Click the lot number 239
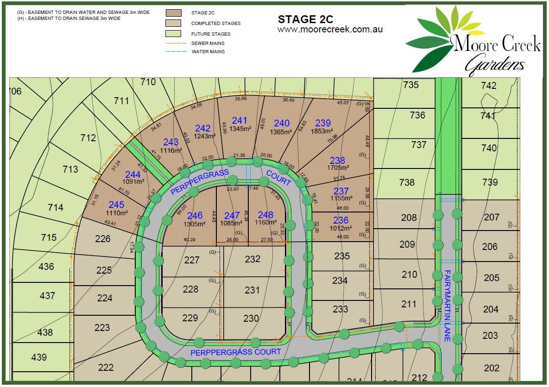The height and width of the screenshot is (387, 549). [323, 123]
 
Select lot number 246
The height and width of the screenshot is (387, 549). [195, 216]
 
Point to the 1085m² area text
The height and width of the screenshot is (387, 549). [232, 224]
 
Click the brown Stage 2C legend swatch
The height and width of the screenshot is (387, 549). [174, 12]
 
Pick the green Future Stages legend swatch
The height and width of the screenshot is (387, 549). [174, 34]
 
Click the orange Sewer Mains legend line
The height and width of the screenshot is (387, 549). [174, 43]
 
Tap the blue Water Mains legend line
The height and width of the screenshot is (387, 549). [174, 51]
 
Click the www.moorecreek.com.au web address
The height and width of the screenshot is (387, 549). [330, 29]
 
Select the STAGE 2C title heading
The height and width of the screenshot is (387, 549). [305, 19]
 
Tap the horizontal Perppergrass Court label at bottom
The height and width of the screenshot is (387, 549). [236, 352]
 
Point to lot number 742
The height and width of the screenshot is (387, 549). [489, 85]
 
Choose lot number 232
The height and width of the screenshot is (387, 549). [252, 259]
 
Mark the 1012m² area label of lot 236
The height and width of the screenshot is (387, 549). [341, 228]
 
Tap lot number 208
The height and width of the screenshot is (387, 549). [409, 217]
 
